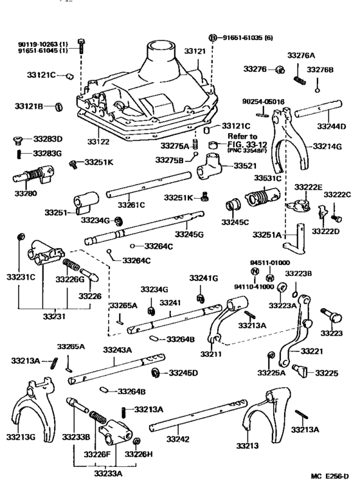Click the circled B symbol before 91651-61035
[x=213, y=37]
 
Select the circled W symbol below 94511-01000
[x=270, y=277]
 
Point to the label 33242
[x=177, y=438]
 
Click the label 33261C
[x=130, y=205]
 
